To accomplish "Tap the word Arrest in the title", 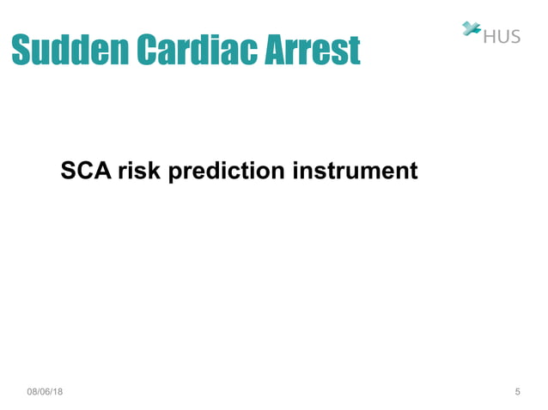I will click(312, 51).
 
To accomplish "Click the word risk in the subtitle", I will click(141, 172).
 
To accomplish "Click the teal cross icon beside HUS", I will click(471, 29).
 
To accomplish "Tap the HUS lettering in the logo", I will click(502, 36).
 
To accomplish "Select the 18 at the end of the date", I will click(58, 392).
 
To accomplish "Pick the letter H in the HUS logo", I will click(490, 36).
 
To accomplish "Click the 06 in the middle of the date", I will click(45, 392).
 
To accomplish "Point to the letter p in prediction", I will click(176, 173).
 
